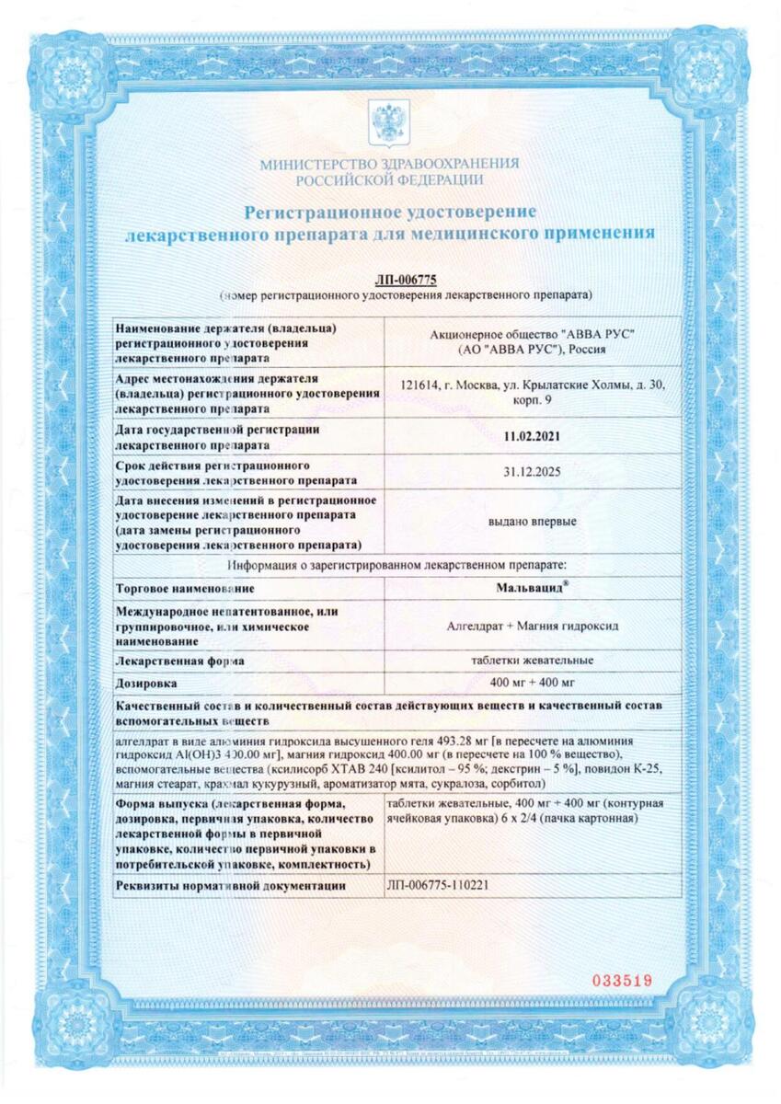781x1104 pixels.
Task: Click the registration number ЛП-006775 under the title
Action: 406,280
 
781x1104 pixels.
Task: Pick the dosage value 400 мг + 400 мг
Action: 534,682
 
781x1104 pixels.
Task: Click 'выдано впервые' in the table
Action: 533,522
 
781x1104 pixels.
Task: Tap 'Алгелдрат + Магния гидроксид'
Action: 533,626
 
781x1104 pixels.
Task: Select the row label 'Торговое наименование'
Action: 185,587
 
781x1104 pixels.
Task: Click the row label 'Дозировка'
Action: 147,684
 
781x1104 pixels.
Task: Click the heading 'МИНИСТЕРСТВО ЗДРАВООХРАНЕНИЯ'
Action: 389,164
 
